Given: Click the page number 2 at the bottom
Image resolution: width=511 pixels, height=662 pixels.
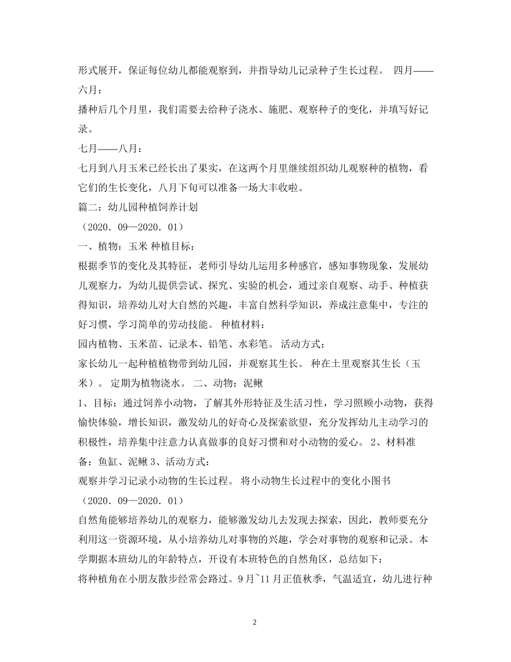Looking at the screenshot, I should click(255, 622).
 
